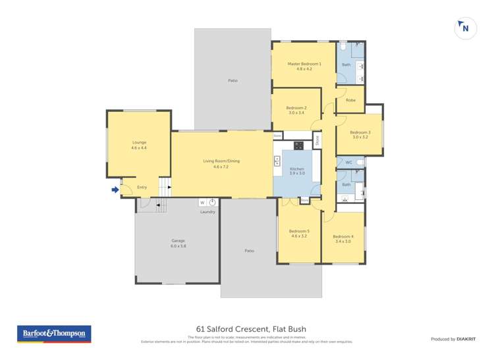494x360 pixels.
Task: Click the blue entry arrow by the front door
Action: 115,190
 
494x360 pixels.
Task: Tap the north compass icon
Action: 465,28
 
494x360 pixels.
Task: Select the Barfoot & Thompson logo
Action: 53,334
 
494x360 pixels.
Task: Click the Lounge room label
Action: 139,142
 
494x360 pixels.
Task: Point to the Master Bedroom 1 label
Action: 304,64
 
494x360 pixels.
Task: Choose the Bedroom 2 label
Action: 296,108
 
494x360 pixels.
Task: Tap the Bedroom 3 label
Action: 360,132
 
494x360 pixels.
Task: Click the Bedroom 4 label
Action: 343,237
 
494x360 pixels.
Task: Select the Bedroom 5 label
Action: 299,231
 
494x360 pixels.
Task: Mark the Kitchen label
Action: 297,169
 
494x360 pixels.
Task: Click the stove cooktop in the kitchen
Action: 298,145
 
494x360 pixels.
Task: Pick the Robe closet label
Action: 350,101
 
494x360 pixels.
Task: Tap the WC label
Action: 349,162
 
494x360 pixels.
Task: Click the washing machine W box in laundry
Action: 203,203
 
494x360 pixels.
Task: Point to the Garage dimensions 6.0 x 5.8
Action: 178,246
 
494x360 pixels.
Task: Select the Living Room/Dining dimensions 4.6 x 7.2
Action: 221,167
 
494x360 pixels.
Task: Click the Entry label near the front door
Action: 142,188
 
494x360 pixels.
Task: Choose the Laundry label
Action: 207,212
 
